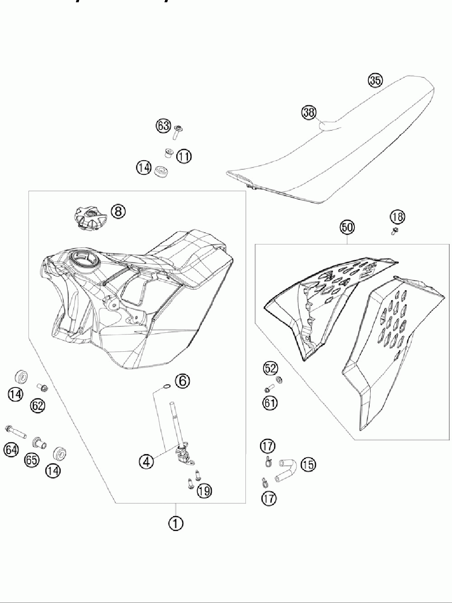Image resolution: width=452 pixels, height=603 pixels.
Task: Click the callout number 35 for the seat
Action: [x=375, y=81]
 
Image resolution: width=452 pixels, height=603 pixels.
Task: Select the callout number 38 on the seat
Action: [x=309, y=113]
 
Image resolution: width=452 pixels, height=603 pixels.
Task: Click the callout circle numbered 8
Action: [x=118, y=211]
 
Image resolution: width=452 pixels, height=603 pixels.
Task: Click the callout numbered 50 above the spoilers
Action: [x=347, y=227]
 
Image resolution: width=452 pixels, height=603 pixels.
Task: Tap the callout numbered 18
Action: [x=398, y=217]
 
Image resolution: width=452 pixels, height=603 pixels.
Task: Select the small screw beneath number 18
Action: [x=394, y=232]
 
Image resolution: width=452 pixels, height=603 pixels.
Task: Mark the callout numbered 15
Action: [x=309, y=464]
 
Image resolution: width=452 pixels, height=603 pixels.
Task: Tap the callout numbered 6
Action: [x=183, y=381]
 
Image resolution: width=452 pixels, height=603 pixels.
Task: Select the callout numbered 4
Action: [x=146, y=461]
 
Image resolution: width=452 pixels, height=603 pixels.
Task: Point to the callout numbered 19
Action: [x=205, y=491]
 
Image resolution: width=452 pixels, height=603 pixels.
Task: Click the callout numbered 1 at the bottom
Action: [x=176, y=523]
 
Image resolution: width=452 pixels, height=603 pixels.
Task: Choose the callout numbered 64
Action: [x=11, y=450]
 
